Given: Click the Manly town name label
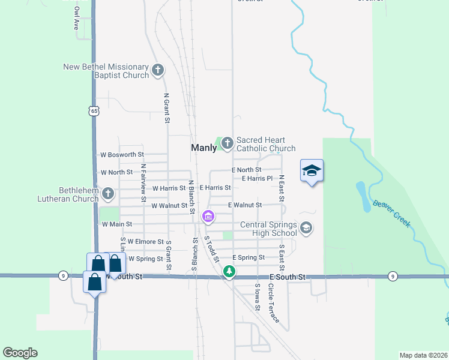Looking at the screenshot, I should pos(203,147).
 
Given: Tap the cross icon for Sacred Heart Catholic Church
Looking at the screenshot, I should pos(227,143).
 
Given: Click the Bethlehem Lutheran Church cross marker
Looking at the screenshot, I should pos(108,193).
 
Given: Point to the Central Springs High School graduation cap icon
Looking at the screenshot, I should pos(306,227).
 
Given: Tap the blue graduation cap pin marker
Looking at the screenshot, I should pos(312,172).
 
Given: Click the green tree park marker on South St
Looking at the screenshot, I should pos(229,272).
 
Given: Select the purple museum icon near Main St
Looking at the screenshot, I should pos(208,216).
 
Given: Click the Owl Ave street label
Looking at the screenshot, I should pos(76,19).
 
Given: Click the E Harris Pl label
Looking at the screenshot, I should pos(257,178).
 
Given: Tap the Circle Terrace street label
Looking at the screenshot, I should pos(271,304).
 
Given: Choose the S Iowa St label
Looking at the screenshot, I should pos(257,296).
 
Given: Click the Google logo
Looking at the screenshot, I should pos(20,353).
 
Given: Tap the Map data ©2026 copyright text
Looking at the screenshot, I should pos(423,355).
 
